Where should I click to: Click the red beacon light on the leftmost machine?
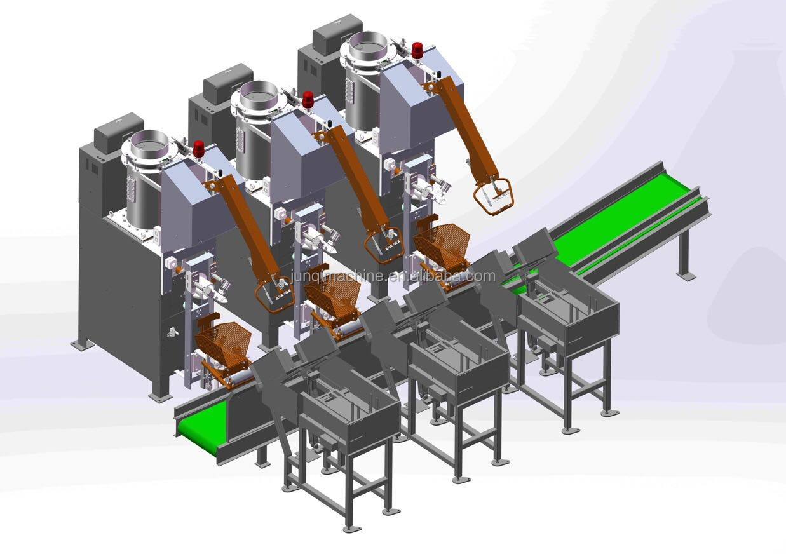click(x=199, y=149)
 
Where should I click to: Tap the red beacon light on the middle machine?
click(x=308, y=100)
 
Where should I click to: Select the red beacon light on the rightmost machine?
click(x=417, y=51)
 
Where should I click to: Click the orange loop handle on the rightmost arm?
click(x=493, y=196)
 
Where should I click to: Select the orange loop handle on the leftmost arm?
click(x=274, y=295)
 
